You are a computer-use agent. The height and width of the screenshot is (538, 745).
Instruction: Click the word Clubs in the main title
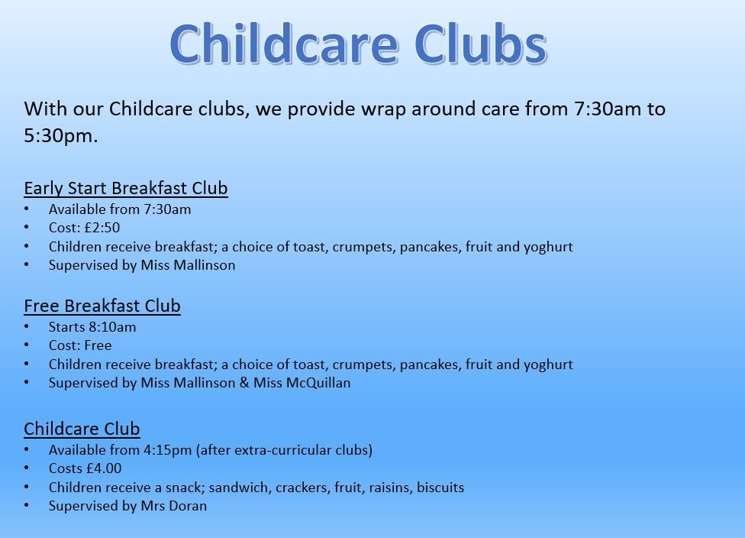(480, 44)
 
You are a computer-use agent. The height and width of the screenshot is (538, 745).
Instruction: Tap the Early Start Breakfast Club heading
(126, 188)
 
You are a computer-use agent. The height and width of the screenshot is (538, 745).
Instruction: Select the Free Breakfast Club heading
(102, 306)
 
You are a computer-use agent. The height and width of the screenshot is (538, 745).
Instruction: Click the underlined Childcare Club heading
(82, 429)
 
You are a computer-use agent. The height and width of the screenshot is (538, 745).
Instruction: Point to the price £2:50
(102, 228)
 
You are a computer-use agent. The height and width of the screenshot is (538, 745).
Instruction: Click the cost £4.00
(104, 468)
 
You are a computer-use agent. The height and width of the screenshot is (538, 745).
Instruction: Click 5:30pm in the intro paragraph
(61, 136)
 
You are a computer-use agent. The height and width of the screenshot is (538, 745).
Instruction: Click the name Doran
(188, 506)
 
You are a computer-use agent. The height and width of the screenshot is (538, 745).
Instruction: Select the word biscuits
(440, 487)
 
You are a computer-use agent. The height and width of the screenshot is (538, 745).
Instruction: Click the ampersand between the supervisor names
(244, 383)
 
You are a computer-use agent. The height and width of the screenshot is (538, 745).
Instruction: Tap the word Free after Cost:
(98, 345)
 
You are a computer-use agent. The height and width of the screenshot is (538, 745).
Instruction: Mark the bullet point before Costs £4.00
(27, 468)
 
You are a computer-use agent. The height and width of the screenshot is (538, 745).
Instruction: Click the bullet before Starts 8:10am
(27, 327)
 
